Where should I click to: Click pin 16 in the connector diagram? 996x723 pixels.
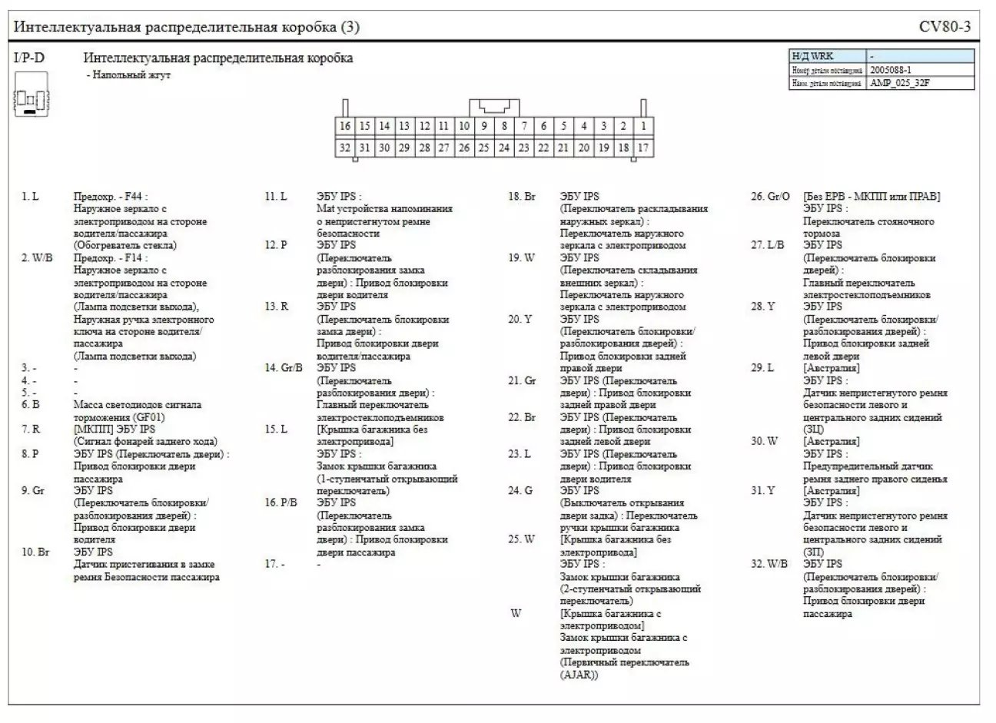click(345, 126)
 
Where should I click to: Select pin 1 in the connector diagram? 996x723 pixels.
click(643, 126)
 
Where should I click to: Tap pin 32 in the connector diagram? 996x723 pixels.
click(345, 148)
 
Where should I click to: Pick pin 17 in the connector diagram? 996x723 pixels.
click(643, 148)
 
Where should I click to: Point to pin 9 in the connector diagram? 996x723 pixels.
click(484, 126)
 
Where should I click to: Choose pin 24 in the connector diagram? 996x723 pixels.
click(503, 148)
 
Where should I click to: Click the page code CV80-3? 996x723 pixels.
click(945, 27)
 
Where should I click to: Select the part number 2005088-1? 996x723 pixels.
click(891, 69)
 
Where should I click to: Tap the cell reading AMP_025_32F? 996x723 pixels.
click(900, 82)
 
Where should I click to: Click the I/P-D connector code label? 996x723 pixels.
click(29, 58)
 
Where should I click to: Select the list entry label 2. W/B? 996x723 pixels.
click(37, 258)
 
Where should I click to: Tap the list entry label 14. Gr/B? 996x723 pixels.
click(284, 368)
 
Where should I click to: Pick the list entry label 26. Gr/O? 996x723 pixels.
click(769, 197)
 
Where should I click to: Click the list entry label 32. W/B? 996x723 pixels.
click(769, 564)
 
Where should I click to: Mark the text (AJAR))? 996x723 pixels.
click(579, 675)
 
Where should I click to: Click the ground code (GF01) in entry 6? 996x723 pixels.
click(144, 417)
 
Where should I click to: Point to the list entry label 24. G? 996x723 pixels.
click(520, 490)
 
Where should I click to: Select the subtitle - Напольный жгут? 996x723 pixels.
click(128, 75)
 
